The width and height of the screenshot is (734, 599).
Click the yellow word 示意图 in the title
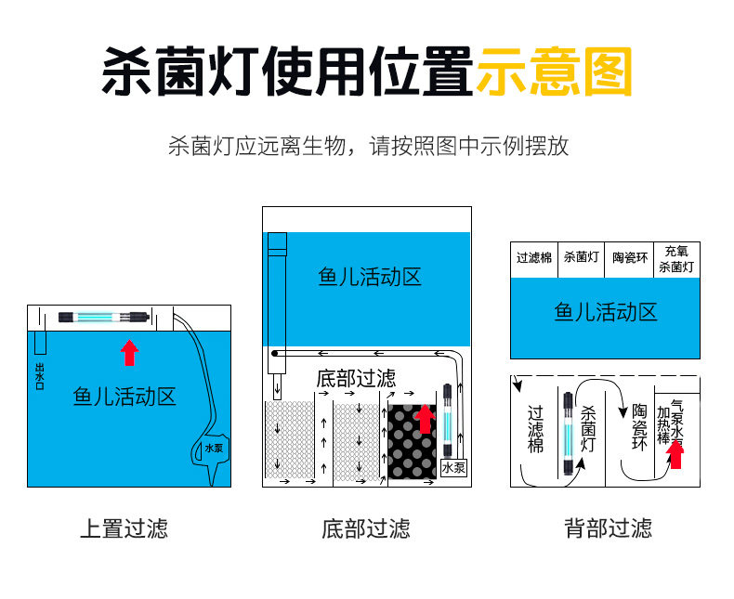coord(554,72)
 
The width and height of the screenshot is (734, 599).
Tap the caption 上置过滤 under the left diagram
coord(124,529)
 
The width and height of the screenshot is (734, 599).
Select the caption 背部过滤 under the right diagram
coord(608,529)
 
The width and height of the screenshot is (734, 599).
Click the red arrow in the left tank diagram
coord(130,352)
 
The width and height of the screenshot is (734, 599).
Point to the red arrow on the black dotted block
coord(424,418)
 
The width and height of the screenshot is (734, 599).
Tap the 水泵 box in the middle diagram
coord(453,467)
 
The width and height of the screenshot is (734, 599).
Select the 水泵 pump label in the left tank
coord(214,448)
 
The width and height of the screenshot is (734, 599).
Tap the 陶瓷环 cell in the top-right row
coord(629,258)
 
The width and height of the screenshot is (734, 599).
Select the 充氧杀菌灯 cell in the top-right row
coord(676,258)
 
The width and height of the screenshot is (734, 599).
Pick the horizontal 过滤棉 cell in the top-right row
coord(534,258)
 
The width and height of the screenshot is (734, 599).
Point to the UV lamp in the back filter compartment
coord(566,433)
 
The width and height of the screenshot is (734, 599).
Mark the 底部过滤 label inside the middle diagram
coord(356,378)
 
